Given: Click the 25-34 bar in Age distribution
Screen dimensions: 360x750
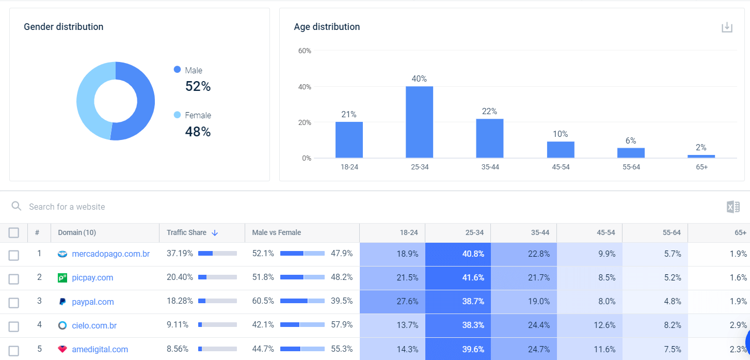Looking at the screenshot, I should pyautogui.click(x=419, y=122).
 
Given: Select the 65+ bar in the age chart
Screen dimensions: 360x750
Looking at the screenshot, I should pyautogui.click(x=701, y=156).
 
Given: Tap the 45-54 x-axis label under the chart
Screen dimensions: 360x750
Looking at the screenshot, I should pyautogui.click(x=561, y=167).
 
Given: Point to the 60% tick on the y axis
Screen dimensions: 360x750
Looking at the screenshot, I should pyautogui.click(x=305, y=51).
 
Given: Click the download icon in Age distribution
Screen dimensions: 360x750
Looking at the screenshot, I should pyautogui.click(x=727, y=27).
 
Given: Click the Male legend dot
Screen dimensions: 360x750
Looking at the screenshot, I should pyautogui.click(x=178, y=70).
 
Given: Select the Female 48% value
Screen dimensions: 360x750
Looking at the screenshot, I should pyautogui.click(x=198, y=132).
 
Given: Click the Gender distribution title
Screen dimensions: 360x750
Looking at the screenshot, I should pyautogui.click(x=63, y=27).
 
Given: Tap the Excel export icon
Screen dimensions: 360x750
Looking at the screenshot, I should pyautogui.click(x=733, y=207).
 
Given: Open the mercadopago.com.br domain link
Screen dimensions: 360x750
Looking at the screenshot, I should pyautogui.click(x=110, y=254).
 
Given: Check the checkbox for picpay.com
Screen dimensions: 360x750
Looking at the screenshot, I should pyautogui.click(x=14, y=278).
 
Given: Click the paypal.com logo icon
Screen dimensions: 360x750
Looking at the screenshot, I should pyautogui.click(x=62, y=302).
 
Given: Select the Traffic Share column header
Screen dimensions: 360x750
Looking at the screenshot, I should pyautogui.click(x=186, y=232).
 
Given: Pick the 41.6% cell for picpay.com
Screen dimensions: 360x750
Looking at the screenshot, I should pyautogui.click(x=457, y=277).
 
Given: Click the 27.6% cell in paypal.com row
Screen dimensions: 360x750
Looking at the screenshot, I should pyautogui.click(x=392, y=302).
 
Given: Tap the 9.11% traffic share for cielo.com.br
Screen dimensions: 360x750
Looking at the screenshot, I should pyautogui.click(x=178, y=325).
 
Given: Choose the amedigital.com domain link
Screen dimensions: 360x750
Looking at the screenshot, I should pyautogui.click(x=100, y=349).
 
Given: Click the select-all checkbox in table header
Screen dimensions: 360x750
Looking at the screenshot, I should pyautogui.click(x=14, y=233).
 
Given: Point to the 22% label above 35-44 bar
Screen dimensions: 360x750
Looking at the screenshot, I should pyautogui.click(x=489, y=111).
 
